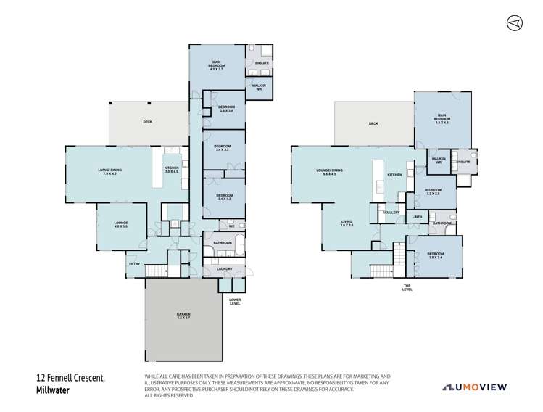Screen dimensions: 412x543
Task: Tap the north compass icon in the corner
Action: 513,23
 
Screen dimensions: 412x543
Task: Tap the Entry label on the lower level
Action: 135,263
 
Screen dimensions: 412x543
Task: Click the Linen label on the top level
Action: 417,217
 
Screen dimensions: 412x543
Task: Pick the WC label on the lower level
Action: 241,226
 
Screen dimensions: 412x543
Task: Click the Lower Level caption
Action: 234,302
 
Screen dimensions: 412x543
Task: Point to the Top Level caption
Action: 407,287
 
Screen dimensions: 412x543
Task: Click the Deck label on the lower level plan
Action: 147,122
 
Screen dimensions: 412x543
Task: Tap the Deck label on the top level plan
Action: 373,124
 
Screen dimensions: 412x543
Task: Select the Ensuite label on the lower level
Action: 262,63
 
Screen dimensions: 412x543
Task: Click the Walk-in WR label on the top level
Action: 438,160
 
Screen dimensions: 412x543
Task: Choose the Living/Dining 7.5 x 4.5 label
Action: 109,172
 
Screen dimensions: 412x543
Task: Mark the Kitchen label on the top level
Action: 394,175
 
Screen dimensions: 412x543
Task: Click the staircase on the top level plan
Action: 399,257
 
